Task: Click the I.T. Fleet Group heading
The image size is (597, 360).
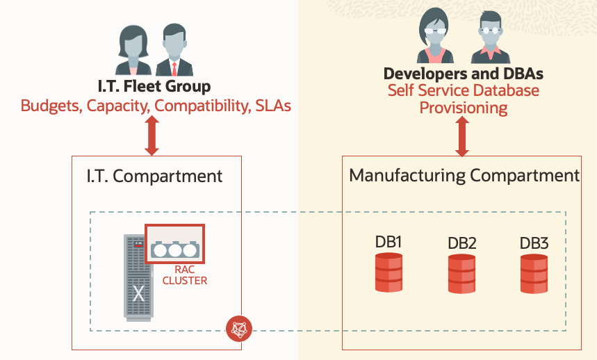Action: [x=154, y=88]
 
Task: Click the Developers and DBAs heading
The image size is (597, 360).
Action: [x=463, y=73]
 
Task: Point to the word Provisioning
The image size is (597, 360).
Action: [x=463, y=108]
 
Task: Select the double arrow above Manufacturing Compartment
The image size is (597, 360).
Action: [x=461, y=137]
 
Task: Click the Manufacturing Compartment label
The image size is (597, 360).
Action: [x=464, y=175]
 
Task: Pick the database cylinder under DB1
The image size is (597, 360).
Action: [x=389, y=272]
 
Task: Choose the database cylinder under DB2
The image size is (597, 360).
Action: [x=461, y=274]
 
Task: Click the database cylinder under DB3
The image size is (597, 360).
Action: [x=534, y=274]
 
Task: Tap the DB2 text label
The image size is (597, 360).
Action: [x=461, y=243]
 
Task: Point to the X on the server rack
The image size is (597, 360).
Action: [x=138, y=293]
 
